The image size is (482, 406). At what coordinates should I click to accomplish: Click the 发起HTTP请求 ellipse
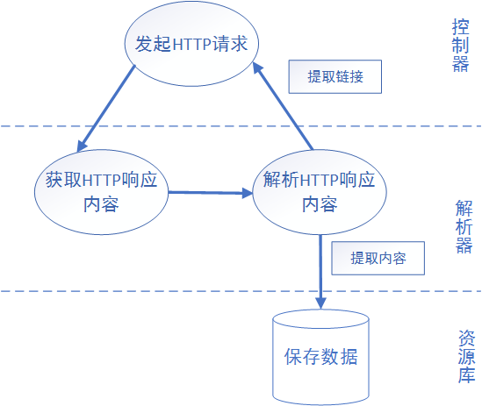pos(191,44)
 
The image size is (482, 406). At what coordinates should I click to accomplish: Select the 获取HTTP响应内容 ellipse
pos(102,192)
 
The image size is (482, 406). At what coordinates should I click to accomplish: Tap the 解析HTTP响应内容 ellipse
pos(320,192)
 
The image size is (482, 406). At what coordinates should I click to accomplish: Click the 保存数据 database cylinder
pos(321,357)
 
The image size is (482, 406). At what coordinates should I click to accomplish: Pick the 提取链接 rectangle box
pos(335,76)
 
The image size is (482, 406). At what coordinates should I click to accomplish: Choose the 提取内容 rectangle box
pos(378,258)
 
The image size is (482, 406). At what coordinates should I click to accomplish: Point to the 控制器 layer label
pos(460,46)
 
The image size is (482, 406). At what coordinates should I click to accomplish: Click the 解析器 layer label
pos(464,226)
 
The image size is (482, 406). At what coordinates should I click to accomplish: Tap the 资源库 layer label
pos(466,357)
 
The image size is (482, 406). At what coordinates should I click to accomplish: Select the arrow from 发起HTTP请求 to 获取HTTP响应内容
pos(106,109)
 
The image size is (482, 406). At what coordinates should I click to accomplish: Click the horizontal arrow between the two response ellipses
pos(211,193)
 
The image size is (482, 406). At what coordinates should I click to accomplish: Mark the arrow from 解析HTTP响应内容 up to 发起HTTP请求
pos(283,106)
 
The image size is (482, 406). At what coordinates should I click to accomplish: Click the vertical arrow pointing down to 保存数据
pos(320,272)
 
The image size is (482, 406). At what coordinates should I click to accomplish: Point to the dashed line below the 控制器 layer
pos(241,126)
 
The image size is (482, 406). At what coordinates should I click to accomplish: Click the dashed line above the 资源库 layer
pos(241,291)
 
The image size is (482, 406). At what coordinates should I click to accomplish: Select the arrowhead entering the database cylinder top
pos(321,303)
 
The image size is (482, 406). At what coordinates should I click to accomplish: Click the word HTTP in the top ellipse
pos(192,44)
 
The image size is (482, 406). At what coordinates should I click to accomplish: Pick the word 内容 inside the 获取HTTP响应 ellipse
pos(101,204)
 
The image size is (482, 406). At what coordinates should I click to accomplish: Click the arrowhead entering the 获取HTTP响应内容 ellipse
pos(82,146)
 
